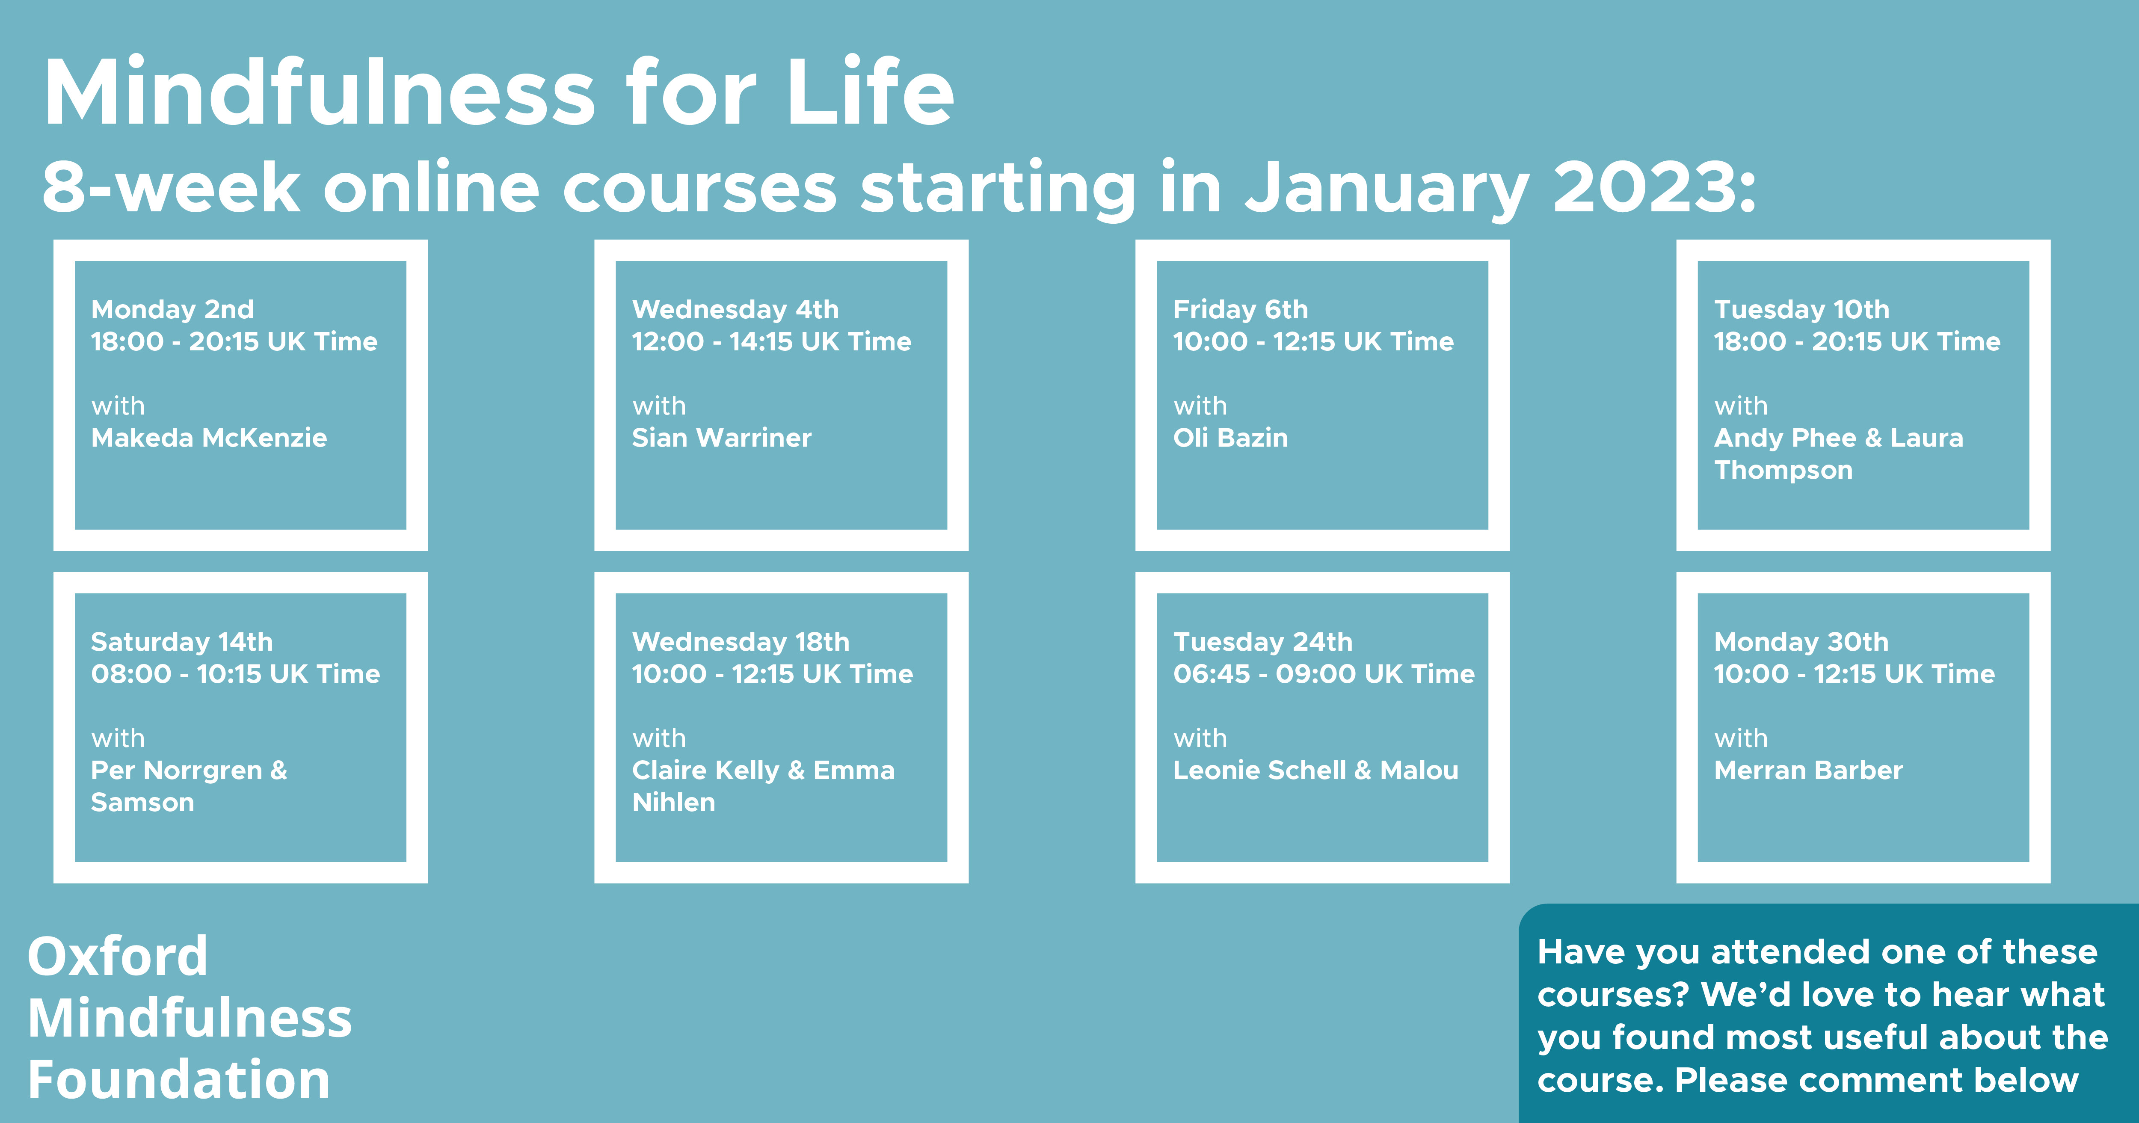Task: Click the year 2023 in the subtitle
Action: click(x=1654, y=188)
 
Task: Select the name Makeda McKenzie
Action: click(x=209, y=438)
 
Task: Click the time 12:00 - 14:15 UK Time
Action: click(x=771, y=341)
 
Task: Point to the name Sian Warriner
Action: click(x=722, y=438)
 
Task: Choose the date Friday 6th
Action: click(x=1241, y=310)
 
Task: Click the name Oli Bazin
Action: click(x=1231, y=438)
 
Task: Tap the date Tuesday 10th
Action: click(x=1802, y=310)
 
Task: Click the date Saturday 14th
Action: click(x=182, y=642)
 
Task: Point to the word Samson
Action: click(x=143, y=803)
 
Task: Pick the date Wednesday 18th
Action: click(x=741, y=642)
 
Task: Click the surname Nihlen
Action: click(x=673, y=803)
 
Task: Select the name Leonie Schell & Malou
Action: click(x=1316, y=770)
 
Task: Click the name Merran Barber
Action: click(x=1808, y=770)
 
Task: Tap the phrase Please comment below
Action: click(x=1877, y=1080)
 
